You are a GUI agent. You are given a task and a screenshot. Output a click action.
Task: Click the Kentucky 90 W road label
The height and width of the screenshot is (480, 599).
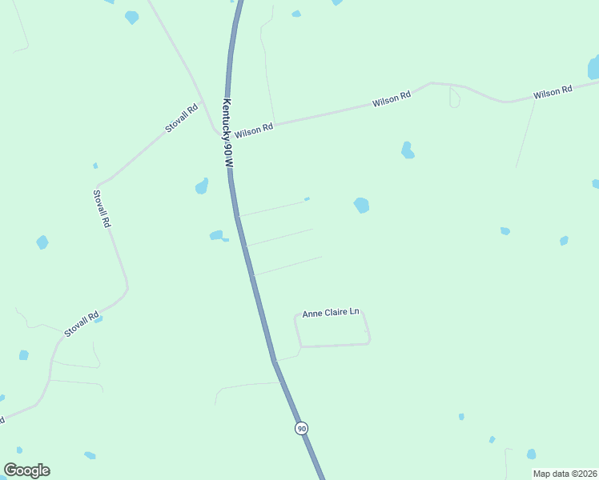click(x=228, y=133)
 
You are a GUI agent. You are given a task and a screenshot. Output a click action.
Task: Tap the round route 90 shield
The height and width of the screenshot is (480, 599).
click(x=301, y=428)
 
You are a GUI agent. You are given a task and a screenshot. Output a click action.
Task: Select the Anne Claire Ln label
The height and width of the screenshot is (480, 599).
click(x=331, y=313)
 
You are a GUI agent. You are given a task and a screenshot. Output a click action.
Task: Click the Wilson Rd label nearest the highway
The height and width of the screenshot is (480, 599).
click(x=255, y=128)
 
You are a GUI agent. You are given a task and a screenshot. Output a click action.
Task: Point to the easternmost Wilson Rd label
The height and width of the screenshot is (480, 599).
click(x=553, y=93)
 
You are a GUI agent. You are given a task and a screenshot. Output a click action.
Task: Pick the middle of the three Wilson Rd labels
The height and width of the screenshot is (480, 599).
click(x=392, y=100)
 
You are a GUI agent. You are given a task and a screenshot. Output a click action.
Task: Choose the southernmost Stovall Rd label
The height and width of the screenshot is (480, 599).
click(x=82, y=323)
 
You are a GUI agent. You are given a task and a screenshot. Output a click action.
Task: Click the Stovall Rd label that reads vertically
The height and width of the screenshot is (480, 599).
click(x=101, y=209)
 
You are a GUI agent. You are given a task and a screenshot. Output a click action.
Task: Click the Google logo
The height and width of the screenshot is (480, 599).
click(x=26, y=470)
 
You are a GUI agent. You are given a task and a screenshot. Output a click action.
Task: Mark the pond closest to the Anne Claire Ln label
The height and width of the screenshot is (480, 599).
click(x=361, y=206)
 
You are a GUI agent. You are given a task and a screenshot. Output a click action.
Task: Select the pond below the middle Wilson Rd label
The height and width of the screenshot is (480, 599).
click(x=408, y=150)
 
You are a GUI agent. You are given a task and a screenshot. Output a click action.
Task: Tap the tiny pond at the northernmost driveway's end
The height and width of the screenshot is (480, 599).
click(x=307, y=199)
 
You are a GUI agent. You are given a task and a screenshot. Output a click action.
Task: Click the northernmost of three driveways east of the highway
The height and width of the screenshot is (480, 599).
click(x=272, y=208)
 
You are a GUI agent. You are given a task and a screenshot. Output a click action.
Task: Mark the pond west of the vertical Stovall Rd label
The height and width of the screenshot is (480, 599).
click(x=42, y=242)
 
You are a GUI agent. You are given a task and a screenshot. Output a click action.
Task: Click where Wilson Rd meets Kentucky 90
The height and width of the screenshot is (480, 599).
click(x=228, y=134)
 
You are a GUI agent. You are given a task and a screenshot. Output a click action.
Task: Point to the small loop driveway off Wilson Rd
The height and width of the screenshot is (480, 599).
click(x=454, y=98)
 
